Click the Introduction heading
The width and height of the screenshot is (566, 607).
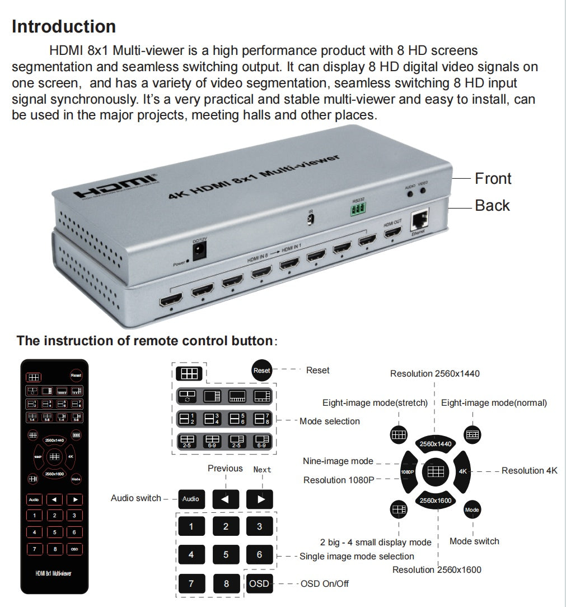pyautogui.click(x=64, y=27)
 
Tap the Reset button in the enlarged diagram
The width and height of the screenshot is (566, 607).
pyautogui.click(x=261, y=370)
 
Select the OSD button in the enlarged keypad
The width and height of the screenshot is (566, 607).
pyautogui.click(x=259, y=583)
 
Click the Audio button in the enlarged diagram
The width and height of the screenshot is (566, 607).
pyautogui.click(x=191, y=499)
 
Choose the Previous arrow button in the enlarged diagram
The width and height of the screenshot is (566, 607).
pyautogui.click(x=226, y=499)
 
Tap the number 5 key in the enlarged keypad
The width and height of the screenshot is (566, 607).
pyautogui.click(x=226, y=555)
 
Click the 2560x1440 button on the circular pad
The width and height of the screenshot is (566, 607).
pyautogui.click(x=436, y=444)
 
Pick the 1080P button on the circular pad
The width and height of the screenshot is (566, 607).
pyautogui.click(x=408, y=472)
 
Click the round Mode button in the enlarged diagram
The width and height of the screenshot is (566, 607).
pyautogui.click(x=472, y=510)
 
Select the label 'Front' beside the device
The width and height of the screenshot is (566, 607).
pyautogui.click(x=493, y=179)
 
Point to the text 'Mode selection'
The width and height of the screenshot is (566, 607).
pyautogui.click(x=329, y=421)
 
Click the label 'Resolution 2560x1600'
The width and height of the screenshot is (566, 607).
pyautogui.click(x=437, y=570)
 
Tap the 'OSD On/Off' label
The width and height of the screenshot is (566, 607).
pyautogui.click(x=324, y=584)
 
